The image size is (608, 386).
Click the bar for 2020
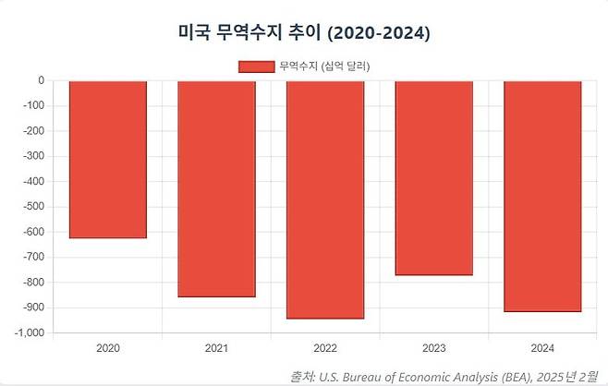(x=108, y=159)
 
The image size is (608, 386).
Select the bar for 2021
(x=216, y=188)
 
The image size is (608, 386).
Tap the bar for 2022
(x=325, y=199)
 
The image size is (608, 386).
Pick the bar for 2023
(x=433, y=177)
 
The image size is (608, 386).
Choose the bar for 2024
(x=542, y=196)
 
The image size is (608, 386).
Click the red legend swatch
(x=256, y=66)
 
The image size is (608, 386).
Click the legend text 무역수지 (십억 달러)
(x=330, y=66)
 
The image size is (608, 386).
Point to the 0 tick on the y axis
(x=41, y=80)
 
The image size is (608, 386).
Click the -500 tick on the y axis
(x=32, y=207)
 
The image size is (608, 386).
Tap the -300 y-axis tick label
(x=32, y=156)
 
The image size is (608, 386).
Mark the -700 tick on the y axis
(x=32, y=257)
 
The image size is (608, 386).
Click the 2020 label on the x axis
(x=108, y=349)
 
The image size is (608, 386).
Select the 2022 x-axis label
(x=325, y=349)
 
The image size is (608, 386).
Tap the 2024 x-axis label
(x=542, y=349)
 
